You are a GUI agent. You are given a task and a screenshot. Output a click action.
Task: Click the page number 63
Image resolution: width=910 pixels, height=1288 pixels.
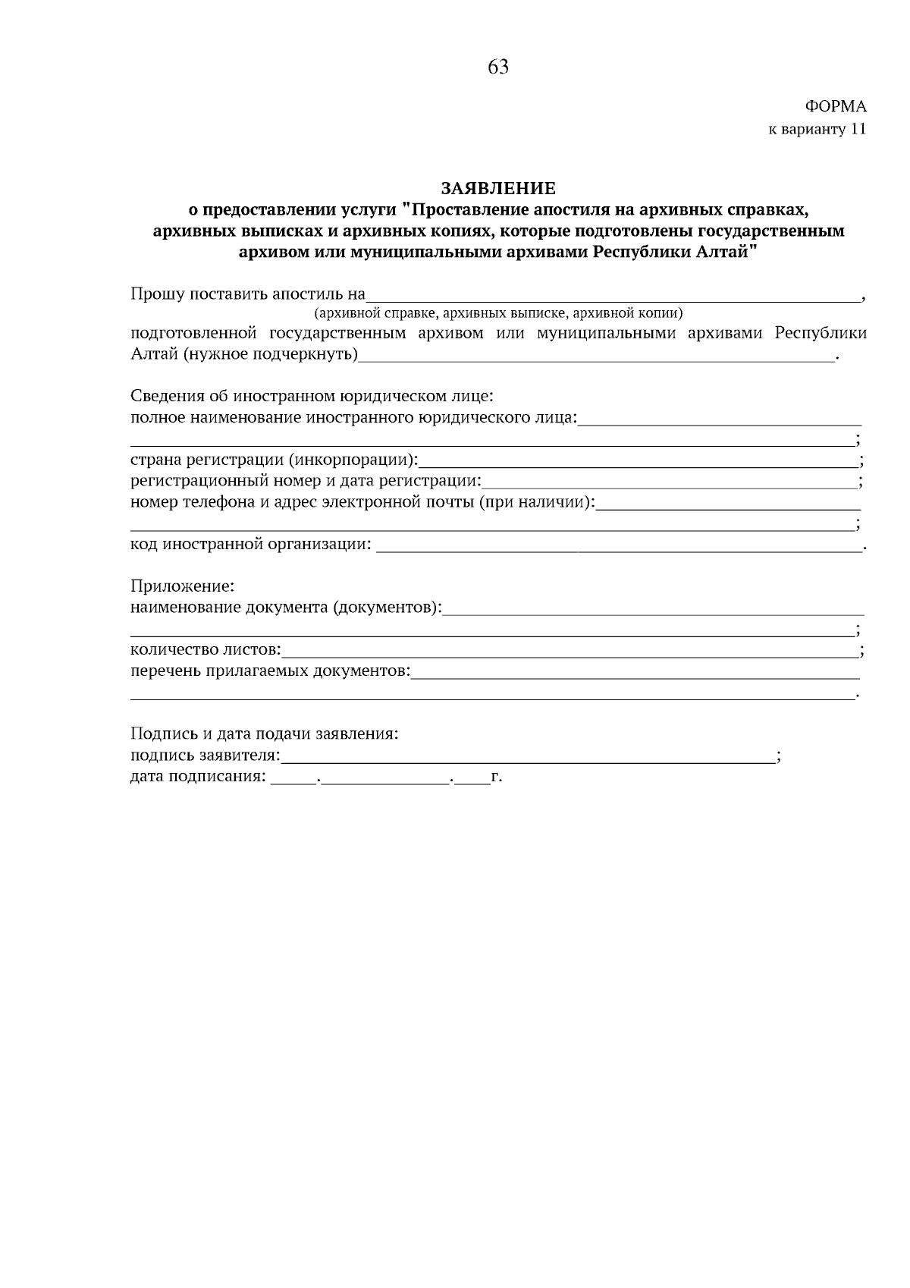click(498, 68)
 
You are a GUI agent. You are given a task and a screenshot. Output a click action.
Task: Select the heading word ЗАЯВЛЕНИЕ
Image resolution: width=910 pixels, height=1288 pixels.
click(498, 187)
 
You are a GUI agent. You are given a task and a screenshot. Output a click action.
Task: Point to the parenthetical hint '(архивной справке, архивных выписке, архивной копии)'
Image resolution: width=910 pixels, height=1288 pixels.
click(498, 313)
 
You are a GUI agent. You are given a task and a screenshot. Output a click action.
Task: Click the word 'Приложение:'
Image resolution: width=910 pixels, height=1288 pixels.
click(183, 586)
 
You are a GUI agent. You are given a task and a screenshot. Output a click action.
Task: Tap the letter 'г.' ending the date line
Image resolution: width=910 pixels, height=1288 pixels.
click(497, 778)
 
